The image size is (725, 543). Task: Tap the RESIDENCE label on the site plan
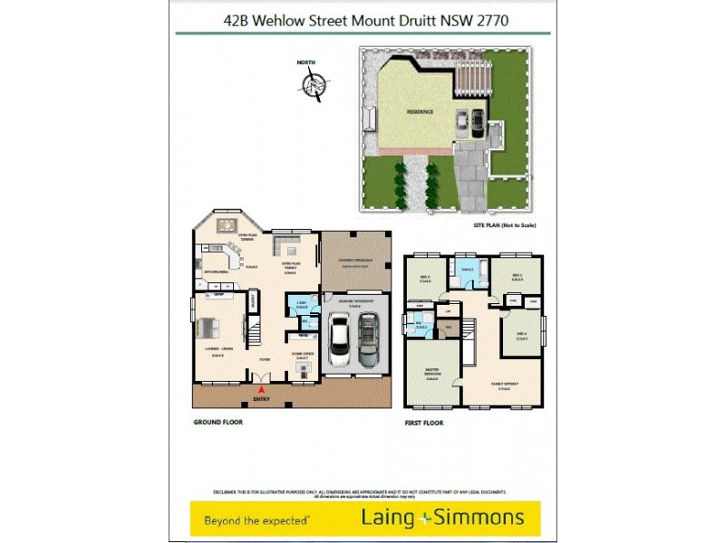tap(420, 111)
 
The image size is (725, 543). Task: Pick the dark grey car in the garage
tap(368, 339)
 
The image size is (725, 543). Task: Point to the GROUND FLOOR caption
tap(218, 423)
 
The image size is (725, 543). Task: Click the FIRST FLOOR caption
tap(423, 423)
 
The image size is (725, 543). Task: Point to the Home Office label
tap(303, 356)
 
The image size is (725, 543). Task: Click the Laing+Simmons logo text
tap(442, 518)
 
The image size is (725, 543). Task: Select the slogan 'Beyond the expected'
tap(257, 519)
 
